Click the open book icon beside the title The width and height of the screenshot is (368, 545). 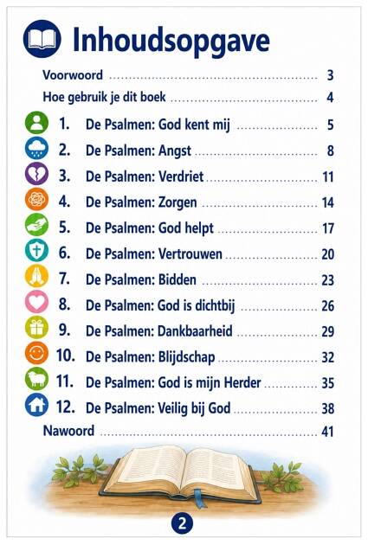pos(42,39)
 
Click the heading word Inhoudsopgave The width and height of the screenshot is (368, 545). pos(171,41)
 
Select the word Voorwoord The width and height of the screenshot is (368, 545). pos(73,75)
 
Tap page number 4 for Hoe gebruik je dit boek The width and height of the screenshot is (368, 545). pos(330,97)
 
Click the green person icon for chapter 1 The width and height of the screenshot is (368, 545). pos(36,122)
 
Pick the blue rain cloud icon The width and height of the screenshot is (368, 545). pos(36,148)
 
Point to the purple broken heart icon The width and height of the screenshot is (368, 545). pos(36,173)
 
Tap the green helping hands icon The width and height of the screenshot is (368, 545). pos(36,225)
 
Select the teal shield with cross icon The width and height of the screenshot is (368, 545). pos(36,250)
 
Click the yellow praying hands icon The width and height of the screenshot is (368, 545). pos(36,276)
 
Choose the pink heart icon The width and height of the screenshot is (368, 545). pos(36,301)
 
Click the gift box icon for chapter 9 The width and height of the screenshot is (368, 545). pos(36,327)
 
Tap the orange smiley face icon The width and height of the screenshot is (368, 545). pos(36,353)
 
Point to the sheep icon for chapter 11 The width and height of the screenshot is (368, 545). pos(36,379)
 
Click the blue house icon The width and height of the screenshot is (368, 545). pos(36,405)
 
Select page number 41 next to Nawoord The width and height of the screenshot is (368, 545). pos(327,432)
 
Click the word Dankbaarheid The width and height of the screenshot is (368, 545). pos(195,330)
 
